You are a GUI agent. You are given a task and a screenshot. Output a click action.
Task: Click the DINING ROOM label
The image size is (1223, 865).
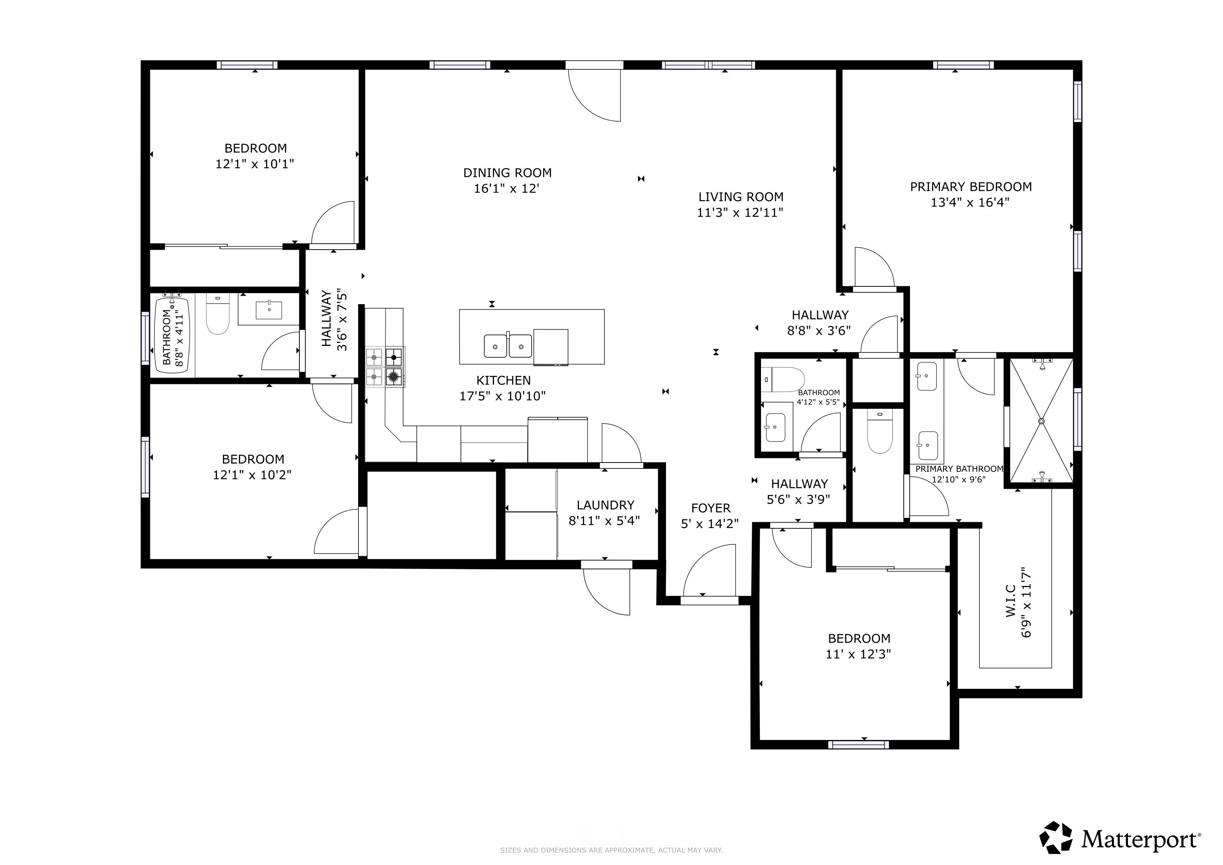click(507, 173)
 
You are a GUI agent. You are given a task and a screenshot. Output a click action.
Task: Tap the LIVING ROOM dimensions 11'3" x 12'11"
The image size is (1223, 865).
click(740, 212)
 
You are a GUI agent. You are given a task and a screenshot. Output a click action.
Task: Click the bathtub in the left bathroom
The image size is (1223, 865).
click(171, 335)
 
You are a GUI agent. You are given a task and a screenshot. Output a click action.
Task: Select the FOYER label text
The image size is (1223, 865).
click(711, 508)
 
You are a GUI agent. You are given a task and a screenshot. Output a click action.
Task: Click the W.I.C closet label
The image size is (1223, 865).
click(1011, 601)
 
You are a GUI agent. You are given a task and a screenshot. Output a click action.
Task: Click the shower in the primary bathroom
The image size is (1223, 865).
click(1041, 421)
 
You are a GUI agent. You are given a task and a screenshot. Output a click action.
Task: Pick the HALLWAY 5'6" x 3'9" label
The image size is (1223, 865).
click(799, 492)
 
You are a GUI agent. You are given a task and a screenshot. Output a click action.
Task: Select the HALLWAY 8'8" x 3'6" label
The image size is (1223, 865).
click(819, 323)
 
